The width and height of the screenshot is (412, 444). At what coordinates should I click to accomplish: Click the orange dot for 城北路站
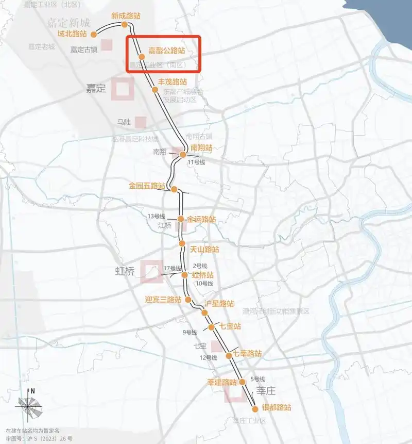click(94, 35)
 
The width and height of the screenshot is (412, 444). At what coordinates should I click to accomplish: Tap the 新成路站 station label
click(126, 16)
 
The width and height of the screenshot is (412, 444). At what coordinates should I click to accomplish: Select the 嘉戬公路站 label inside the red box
click(166, 51)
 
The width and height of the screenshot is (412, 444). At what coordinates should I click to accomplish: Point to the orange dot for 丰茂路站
click(155, 90)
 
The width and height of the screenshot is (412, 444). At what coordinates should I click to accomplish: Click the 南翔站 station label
click(201, 147)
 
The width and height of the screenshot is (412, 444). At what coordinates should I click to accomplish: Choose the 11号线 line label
click(196, 162)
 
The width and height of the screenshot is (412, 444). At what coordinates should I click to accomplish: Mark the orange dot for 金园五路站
click(174, 189)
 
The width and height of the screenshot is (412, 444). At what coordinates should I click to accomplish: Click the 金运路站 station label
click(201, 219)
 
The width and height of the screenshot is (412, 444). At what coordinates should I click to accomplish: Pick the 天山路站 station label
click(204, 250)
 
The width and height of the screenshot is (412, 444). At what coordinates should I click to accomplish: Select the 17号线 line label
click(172, 268)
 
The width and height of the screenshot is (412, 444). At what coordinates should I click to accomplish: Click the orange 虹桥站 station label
click(203, 275)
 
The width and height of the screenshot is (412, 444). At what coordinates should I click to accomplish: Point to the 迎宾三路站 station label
click(163, 299)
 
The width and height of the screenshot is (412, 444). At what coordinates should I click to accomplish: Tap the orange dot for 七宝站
click(211, 327)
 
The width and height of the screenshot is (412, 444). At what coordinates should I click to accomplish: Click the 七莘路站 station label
click(247, 354)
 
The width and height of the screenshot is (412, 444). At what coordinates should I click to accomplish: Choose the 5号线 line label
click(257, 379)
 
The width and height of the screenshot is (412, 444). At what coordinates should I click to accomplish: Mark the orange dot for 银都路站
click(255, 409)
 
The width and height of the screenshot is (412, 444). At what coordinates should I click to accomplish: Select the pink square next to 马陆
click(141, 122)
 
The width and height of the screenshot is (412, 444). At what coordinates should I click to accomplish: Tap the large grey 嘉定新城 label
click(68, 23)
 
